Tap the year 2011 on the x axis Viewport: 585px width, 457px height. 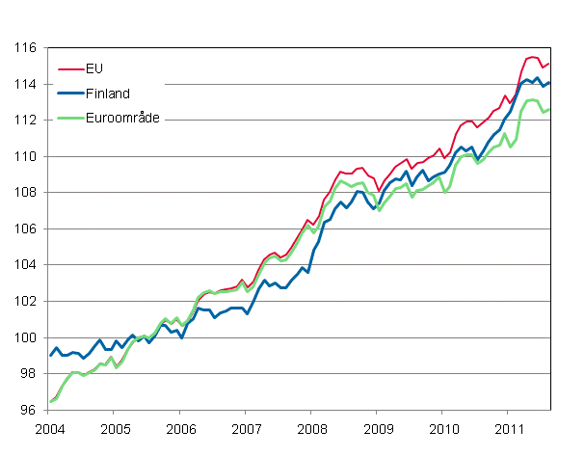[509, 427]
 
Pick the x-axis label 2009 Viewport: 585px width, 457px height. [378, 427]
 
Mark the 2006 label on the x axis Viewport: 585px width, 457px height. [180, 427]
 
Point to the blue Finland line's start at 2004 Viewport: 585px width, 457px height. [50, 355]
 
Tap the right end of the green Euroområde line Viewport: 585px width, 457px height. [549, 109]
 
